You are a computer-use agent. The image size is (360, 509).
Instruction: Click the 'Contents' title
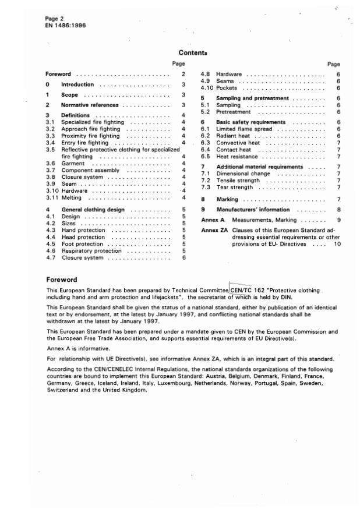pyautogui.click(x=192, y=53)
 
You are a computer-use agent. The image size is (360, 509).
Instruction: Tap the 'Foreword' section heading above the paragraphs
pyautogui.click(x=61, y=280)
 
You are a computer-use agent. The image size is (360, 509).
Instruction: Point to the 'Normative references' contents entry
pyautogui.click(x=90, y=105)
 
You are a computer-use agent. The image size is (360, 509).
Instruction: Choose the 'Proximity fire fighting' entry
pyautogui.click(x=90, y=136)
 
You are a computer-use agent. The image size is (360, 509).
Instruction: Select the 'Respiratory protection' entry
pyautogui.click(x=91, y=250)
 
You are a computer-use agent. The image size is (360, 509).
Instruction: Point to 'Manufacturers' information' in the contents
pyautogui.click(x=253, y=210)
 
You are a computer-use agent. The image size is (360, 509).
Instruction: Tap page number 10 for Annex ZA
pyautogui.click(x=337, y=244)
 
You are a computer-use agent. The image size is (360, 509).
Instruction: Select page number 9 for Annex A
pyautogui.click(x=338, y=220)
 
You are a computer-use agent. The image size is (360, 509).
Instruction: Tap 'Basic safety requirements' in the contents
pyautogui.click(x=251, y=122)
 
